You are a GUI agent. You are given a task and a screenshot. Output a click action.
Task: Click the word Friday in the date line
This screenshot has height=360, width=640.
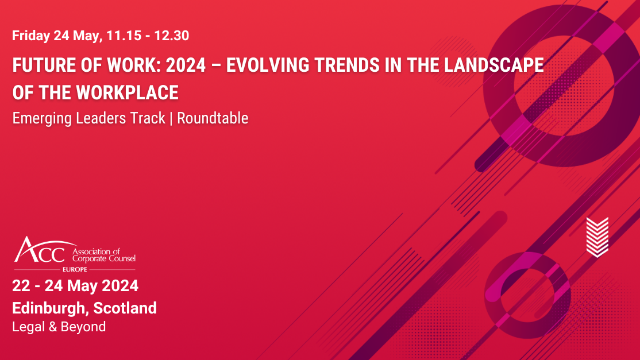pyautogui.click(x=30, y=36)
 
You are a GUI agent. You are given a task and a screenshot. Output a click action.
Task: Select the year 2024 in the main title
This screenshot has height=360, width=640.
pyautogui.click(x=186, y=65)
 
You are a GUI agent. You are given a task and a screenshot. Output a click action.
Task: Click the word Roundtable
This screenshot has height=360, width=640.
pyautogui.click(x=213, y=118)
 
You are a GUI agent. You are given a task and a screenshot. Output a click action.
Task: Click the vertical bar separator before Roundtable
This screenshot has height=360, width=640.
pyautogui.click(x=171, y=118)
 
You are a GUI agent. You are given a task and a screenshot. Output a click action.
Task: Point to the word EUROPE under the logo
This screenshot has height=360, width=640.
pyautogui.click(x=75, y=269)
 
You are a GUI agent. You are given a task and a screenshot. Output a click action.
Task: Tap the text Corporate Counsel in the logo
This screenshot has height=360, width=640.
pyautogui.click(x=103, y=259)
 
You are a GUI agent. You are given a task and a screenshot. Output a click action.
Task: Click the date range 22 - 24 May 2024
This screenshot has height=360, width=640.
pyautogui.click(x=75, y=285)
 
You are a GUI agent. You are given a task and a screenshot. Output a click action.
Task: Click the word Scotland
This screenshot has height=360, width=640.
pyautogui.click(x=125, y=308)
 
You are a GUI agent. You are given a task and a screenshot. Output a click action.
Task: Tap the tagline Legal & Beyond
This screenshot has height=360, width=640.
pyautogui.click(x=59, y=327)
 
